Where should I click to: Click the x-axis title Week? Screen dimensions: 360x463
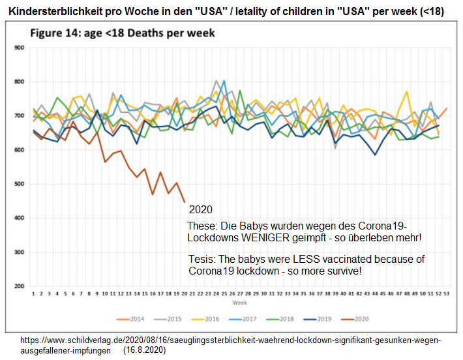pos(241,303)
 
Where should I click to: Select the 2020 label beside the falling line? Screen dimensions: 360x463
pos(201,210)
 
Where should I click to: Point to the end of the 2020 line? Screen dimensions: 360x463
pos(185,202)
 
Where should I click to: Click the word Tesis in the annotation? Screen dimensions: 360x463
pos(200,258)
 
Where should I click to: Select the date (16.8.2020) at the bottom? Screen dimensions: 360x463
pos(144,350)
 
